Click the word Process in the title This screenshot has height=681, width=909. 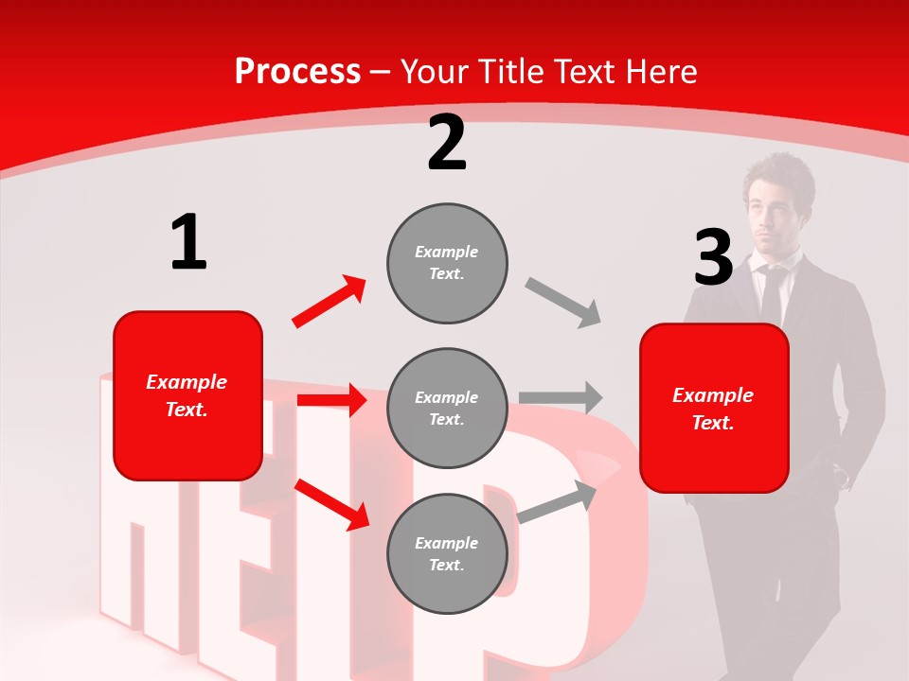tap(297, 72)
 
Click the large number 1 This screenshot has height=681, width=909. tap(188, 242)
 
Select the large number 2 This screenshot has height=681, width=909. tap(447, 143)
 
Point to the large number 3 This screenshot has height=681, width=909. tap(713, 258)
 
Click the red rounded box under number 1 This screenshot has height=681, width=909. tap(187, 395)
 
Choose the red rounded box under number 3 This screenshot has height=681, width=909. tap(714, 408)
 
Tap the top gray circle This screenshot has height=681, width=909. tap(447, 262)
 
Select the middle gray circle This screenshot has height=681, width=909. tap(447, 408)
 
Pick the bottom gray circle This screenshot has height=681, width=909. tap(447, 553)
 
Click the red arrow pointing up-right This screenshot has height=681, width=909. tap(330, 302)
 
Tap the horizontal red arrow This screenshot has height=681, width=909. tap(331, 400)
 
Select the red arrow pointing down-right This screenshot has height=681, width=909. tap(332, 503)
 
